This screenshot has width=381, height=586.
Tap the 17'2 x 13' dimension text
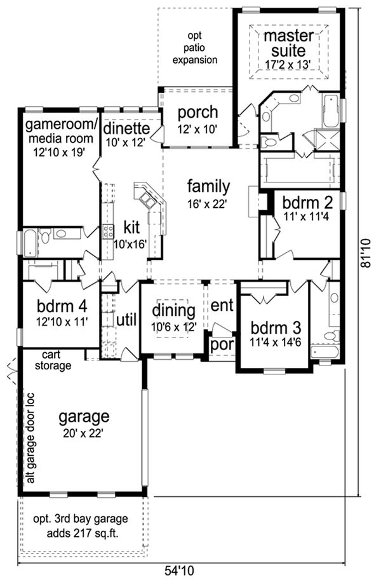(289, 64)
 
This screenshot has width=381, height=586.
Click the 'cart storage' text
(57, 360)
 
